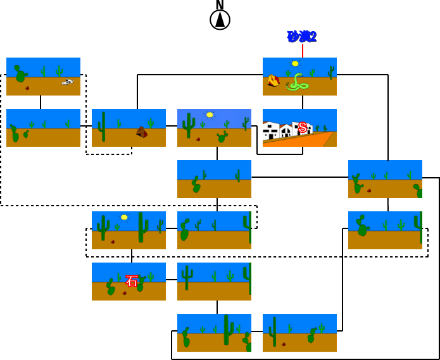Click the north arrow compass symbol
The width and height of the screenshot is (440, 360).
220,20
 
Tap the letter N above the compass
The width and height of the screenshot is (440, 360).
220,4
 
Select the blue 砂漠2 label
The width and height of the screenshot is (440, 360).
301,37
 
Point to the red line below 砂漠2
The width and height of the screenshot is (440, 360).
303,51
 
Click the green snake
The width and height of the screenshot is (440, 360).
297,83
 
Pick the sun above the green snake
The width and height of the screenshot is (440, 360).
295,63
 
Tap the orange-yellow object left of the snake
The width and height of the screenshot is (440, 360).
273,80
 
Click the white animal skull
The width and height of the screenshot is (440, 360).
68,81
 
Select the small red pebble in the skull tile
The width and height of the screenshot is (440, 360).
27,88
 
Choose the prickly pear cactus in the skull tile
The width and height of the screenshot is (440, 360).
20,74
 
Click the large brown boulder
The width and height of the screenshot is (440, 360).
142,132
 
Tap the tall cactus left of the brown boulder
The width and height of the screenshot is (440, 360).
103,127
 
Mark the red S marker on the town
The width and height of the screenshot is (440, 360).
303,128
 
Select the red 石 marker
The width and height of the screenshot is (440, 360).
132,281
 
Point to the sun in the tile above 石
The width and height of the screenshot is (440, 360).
124,217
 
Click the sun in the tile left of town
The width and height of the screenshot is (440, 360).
210,115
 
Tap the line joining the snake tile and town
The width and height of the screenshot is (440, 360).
303,102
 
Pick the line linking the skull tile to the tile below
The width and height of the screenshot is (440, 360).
41,102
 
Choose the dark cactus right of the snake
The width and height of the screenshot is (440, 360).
330,72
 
